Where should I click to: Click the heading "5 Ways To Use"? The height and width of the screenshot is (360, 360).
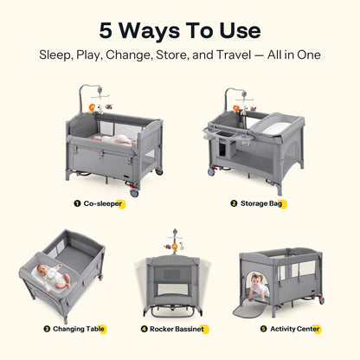(180, 30)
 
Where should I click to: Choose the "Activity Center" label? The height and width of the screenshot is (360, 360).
(295, 329)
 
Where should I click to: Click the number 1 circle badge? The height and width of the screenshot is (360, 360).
(76, 204)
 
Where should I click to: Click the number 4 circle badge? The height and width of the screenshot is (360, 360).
(144, 329)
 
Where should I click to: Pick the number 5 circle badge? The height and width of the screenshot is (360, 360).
(262, 329)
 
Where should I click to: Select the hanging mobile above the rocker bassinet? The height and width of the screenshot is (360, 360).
(179, 243)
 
